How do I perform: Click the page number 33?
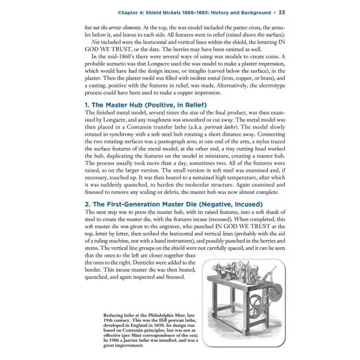coord(282,12)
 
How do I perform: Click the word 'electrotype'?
coord(272,86)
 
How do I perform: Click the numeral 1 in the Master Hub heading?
coord(86,105)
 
